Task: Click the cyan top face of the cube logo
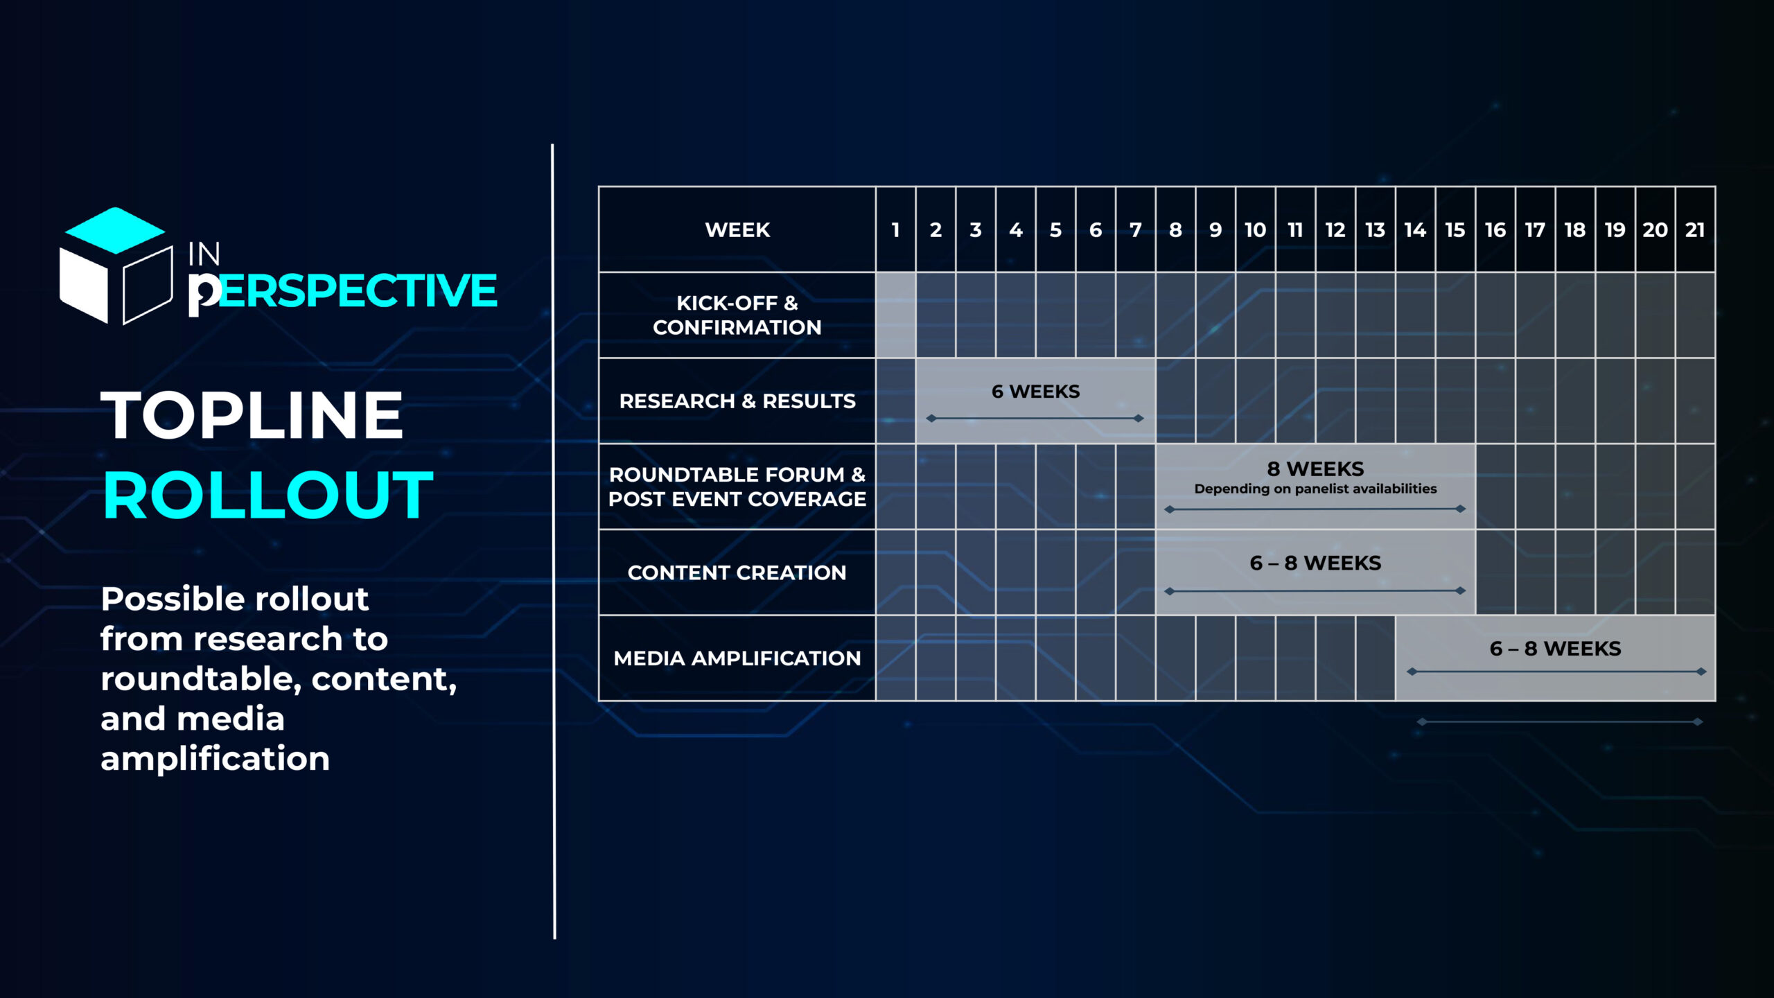115,230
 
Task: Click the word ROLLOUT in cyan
268,495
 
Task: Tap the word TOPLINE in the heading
252,414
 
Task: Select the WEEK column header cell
737,229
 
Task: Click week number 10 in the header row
1255,230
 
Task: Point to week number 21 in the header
1695,230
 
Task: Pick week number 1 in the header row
895,230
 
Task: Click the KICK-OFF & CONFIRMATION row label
737,315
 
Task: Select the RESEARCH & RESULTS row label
737,401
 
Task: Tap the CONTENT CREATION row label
737,572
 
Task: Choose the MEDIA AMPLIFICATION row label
737,658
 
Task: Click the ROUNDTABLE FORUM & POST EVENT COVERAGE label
737,487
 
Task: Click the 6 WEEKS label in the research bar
1035,392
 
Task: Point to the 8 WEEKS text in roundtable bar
1315,469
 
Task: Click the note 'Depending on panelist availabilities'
1315,489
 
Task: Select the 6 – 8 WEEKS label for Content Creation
1315,563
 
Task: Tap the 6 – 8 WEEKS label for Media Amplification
1555,649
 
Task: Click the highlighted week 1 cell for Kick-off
895,315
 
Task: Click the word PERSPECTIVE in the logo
343,291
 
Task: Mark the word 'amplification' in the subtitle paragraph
215,759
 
